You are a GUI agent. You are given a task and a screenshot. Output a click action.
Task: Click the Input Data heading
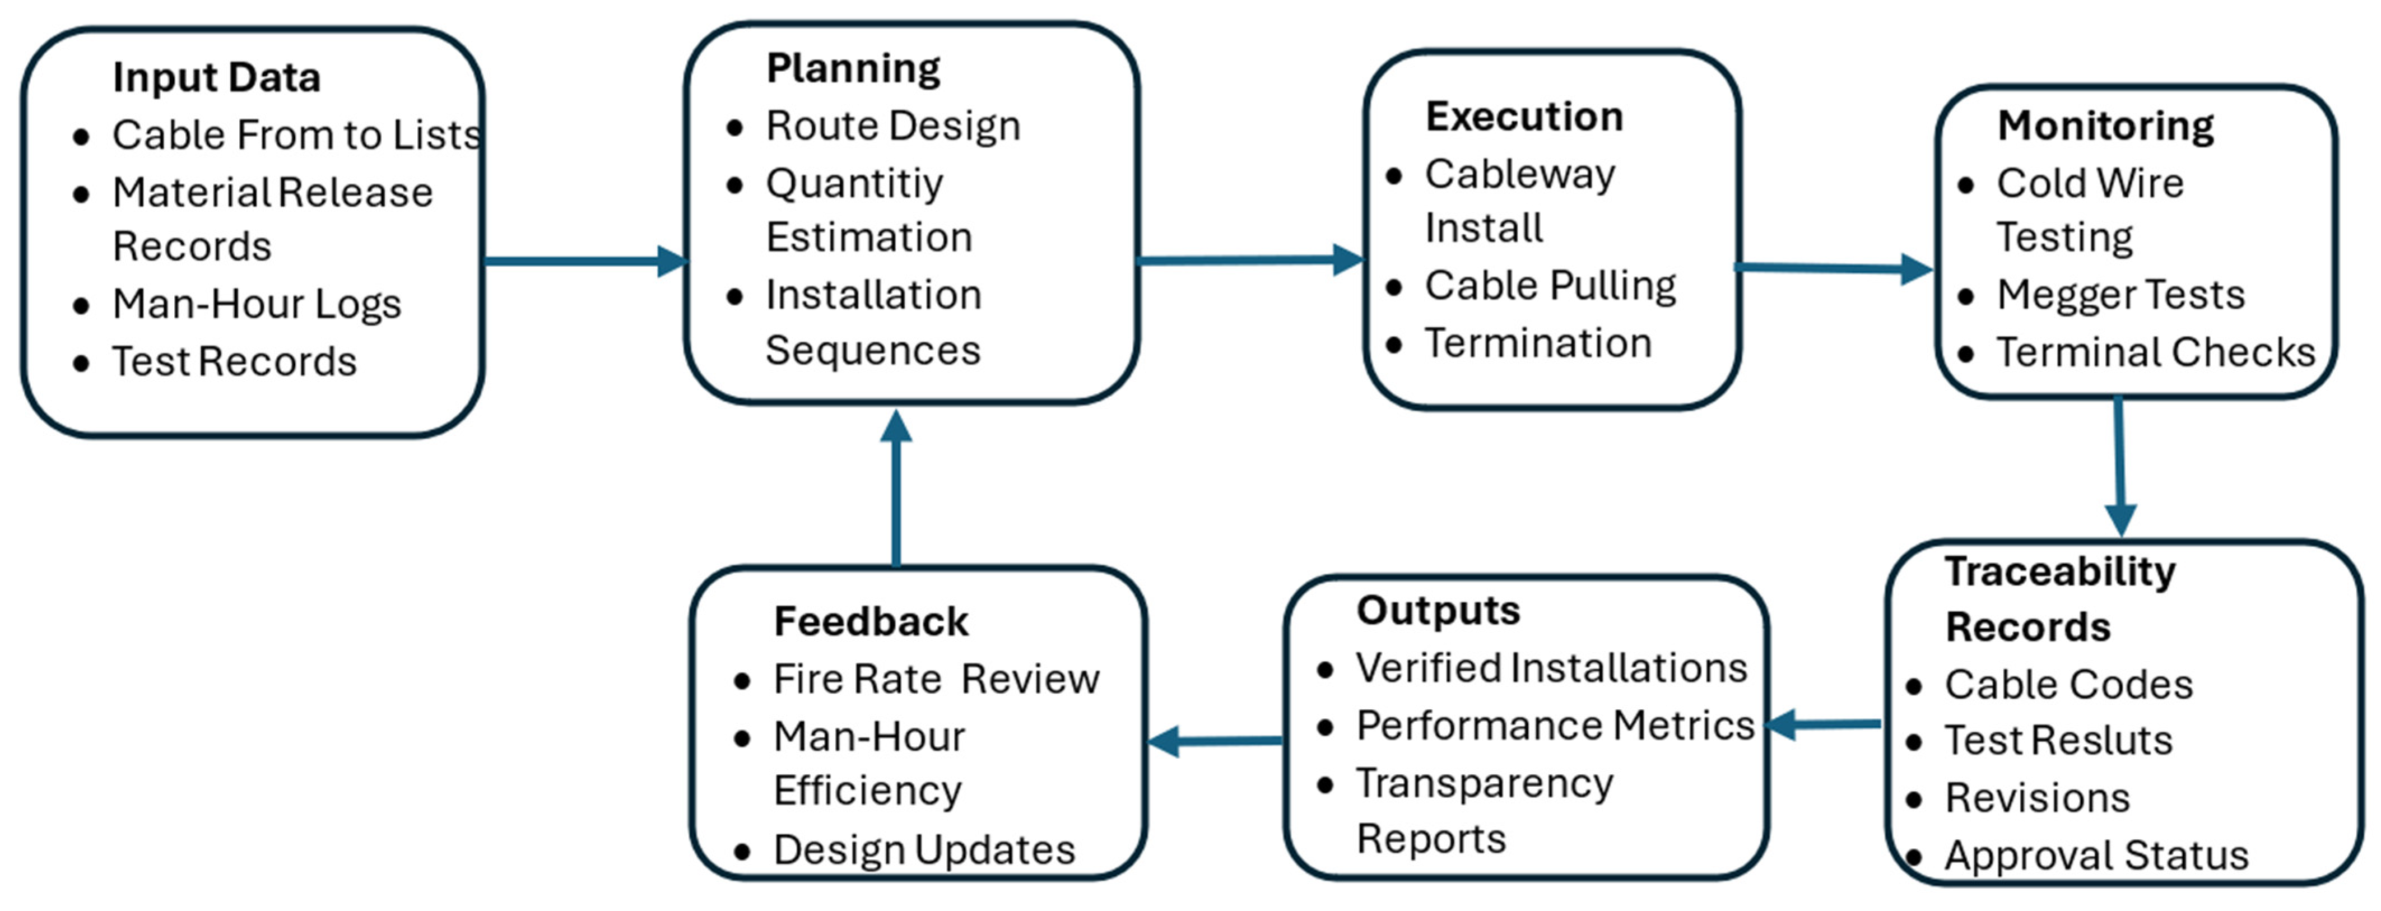point(216,78)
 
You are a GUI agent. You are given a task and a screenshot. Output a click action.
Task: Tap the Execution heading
point(1523,117)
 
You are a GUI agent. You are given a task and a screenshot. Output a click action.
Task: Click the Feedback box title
point(871,622)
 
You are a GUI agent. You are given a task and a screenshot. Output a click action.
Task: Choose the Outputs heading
point(1438,611)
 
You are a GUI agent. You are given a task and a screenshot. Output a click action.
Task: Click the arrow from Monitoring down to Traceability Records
point(2118,467)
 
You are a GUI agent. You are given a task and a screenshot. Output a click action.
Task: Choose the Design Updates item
point(923,850)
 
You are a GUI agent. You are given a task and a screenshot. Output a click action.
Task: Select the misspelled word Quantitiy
point(853,184)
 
